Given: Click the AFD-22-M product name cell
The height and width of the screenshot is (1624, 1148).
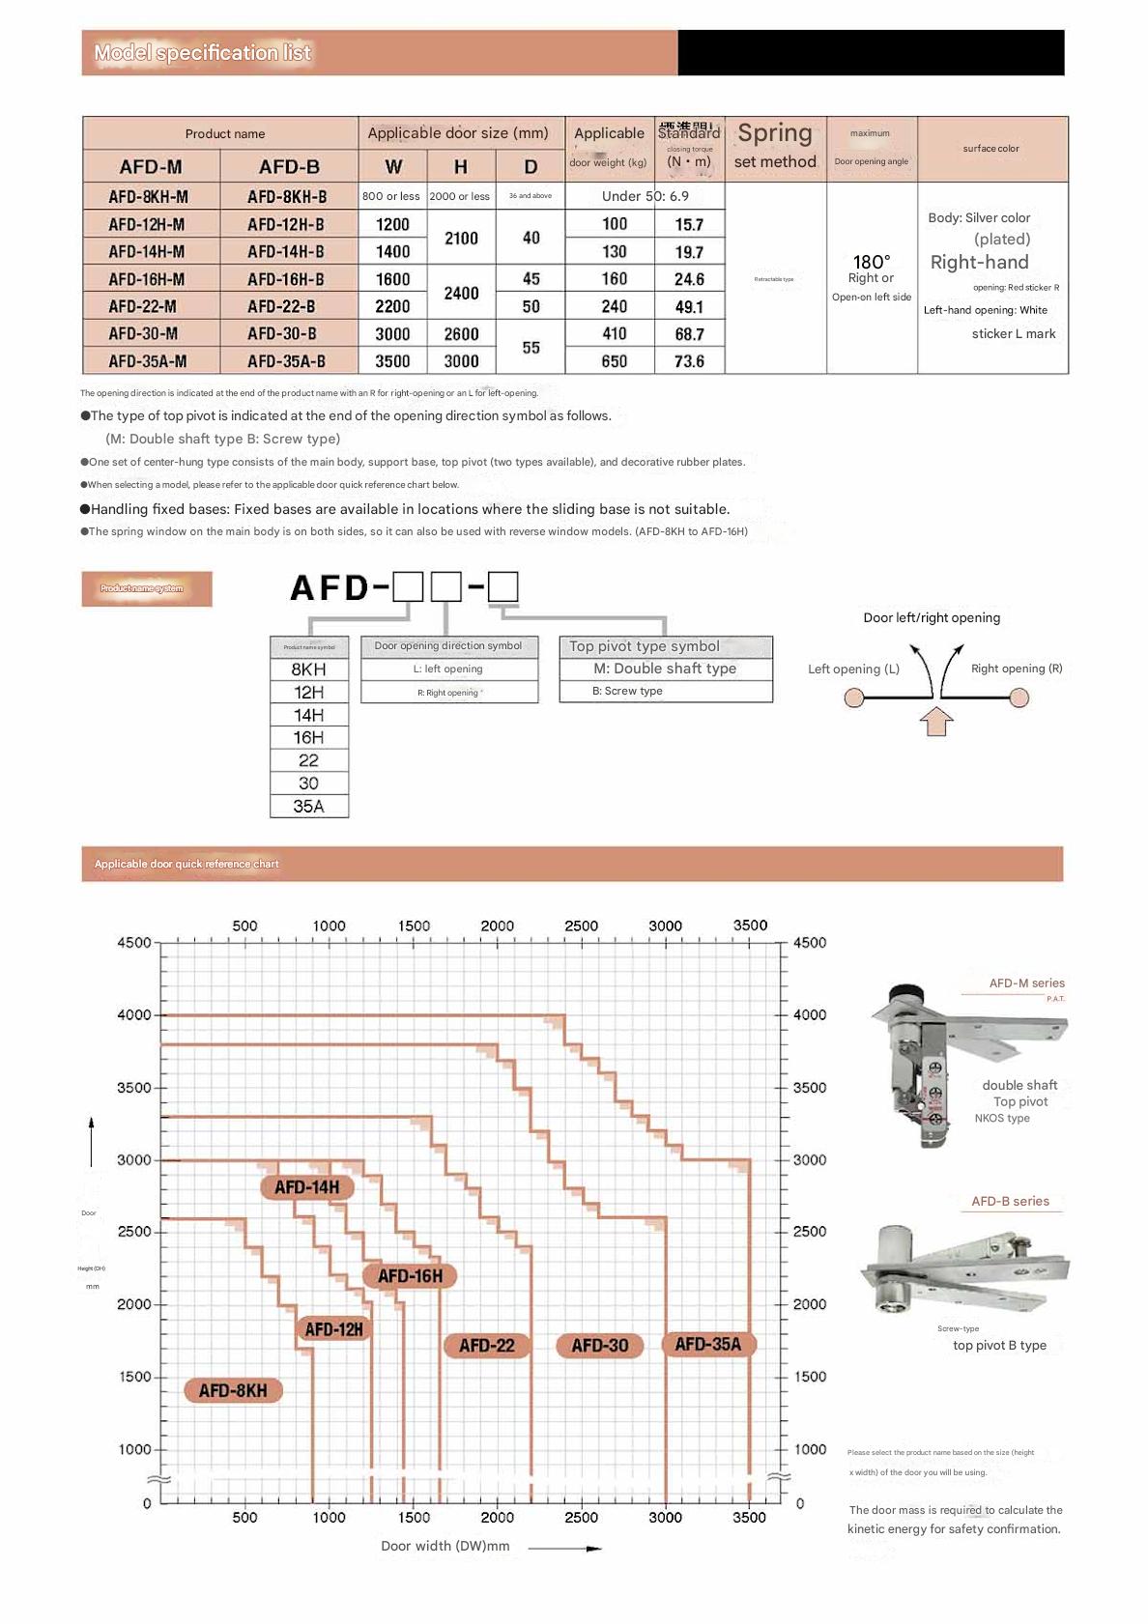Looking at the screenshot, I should (143, 306).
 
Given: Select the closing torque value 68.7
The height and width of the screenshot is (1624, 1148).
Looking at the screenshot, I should (689, 334).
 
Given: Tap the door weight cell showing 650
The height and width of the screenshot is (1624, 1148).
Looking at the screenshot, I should (614, 361).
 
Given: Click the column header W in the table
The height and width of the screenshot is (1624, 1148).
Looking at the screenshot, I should (393, 166).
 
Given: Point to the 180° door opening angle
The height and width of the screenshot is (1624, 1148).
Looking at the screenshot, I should (871, 262).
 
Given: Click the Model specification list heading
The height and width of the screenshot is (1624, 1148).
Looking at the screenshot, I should (203, 53).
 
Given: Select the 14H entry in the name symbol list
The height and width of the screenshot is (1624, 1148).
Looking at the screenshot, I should (308, 715).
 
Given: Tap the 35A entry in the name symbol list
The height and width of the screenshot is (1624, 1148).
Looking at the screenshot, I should (308, 806).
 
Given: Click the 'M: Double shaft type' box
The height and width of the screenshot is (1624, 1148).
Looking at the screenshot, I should (665, 669).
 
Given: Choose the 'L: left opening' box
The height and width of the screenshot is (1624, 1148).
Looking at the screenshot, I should (448, 669).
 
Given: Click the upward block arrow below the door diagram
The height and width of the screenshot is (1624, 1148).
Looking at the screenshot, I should (935, 721).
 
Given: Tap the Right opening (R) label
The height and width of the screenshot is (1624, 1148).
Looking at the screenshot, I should (1016, 669).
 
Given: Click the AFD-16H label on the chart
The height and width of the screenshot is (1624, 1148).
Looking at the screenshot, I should (410, 1276).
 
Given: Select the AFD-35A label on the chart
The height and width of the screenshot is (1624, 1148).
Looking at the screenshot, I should (707, 1344).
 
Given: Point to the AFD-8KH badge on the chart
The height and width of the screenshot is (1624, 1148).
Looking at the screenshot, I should (233, 1390).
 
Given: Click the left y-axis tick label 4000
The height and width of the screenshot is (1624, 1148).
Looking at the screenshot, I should (133, 1014).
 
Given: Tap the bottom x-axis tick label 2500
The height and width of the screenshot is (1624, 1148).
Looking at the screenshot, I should (581, 1517).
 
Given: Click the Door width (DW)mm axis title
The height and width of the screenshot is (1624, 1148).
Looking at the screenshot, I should (445, 1546).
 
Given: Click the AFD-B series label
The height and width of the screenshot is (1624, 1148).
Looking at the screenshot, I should (1010, 1201).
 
